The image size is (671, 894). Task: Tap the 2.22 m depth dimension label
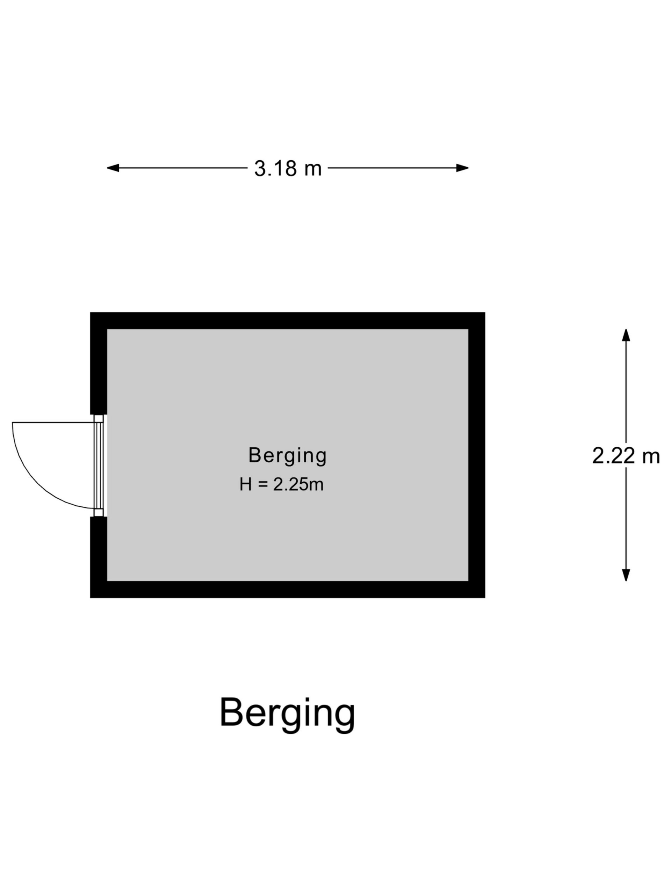[626, 456]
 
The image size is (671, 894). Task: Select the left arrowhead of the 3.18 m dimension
[113, 168]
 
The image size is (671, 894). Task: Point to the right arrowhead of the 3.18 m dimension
[462, 168]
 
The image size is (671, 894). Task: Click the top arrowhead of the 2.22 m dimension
[626, 335]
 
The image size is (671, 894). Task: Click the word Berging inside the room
[288, 455]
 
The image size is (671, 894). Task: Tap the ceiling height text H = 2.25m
[281, 484]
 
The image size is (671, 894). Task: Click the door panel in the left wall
[99, 466]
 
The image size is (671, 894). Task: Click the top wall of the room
[288, 321]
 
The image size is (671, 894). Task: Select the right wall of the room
[477, 455]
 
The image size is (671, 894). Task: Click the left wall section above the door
[98, 363]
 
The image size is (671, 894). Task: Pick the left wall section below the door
[98, 557]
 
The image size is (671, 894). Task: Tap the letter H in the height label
[245, 484]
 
